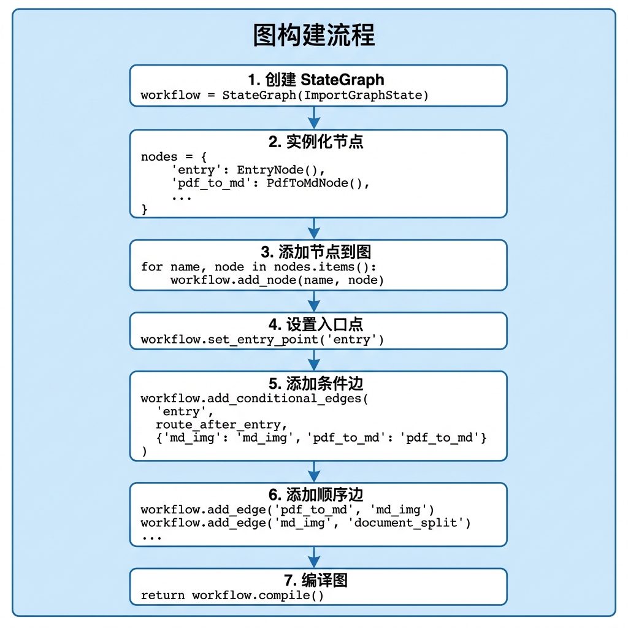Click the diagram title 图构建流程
point(314,35)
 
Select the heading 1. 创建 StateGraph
point(316,80)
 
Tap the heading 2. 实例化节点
point(316,142)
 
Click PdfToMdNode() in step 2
point(315,183)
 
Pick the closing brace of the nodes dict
point(144,209)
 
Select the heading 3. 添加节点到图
point(316,252)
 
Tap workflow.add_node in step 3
point(233,280)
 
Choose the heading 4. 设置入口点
point(316,324)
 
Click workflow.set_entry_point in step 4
point(229,340)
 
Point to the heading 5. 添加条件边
point(316,384)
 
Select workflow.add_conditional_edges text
point(251,399)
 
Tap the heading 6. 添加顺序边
point(316,495)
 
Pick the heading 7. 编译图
point(316,580)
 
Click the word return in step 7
point(163,595)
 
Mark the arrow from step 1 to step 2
point(314,118)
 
